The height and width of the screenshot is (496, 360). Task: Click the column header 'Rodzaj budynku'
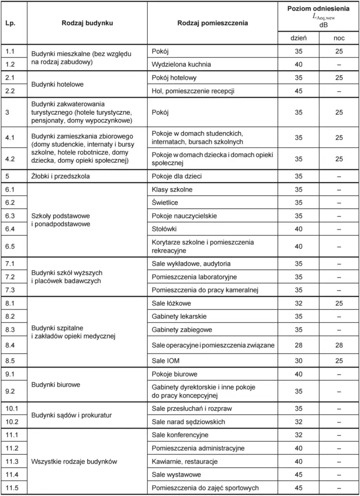(87, 23)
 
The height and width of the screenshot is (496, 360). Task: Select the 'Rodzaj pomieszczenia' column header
(213, 23)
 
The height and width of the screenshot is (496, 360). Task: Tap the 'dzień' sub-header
(298, 38)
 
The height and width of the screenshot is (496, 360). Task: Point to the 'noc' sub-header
(339, 38)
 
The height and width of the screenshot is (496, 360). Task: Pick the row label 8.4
(11, 345)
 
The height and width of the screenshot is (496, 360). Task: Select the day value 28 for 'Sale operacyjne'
(298, 345)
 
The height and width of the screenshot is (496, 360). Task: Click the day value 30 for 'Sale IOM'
(298, 360)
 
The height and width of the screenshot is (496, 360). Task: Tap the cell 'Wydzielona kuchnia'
(181, 64)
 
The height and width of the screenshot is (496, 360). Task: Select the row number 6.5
(11, 246)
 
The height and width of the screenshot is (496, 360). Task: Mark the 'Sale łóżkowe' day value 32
(298, 303)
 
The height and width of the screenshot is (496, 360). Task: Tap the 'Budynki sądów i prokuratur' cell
(72, 415)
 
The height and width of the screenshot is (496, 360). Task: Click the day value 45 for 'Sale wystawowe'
(298, 475)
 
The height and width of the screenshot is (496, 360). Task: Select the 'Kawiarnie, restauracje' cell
(185, 462)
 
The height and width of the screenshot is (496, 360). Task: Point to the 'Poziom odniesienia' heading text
(318, 9)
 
